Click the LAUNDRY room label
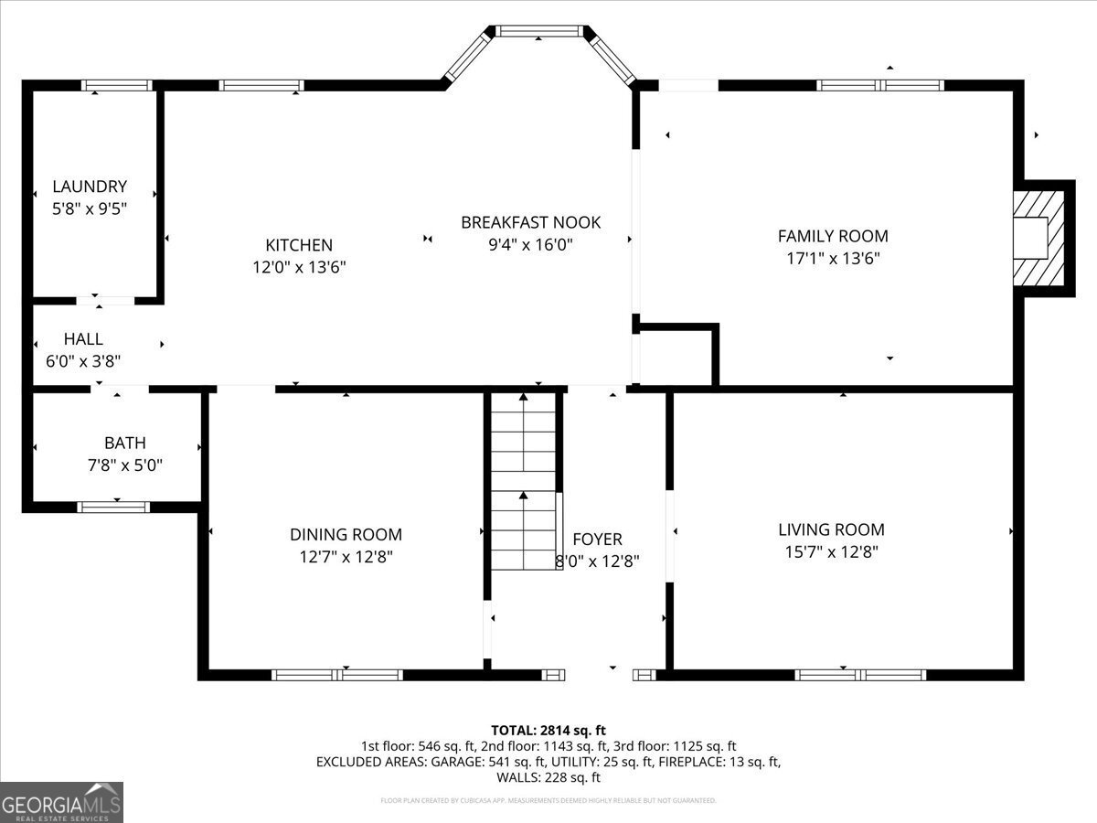point(90,187)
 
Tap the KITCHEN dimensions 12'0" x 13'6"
point(299,268)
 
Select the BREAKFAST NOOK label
point(530,222)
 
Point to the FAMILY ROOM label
point(832,236)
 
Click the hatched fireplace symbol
point(1041,239)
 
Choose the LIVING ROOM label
point(831,529)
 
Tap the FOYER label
point(597,540)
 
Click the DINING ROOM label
point(346,535)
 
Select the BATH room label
point(124,444)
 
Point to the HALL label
point(83,339)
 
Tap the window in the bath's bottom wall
point(113,507)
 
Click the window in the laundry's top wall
point(116,86)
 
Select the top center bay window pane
point(538,31)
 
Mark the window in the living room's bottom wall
point(860,676)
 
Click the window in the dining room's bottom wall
point(337,676)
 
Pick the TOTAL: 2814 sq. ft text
point(548,730)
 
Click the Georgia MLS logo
point(61,802)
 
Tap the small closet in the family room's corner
point(676,355)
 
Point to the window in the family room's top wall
point(879,86)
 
